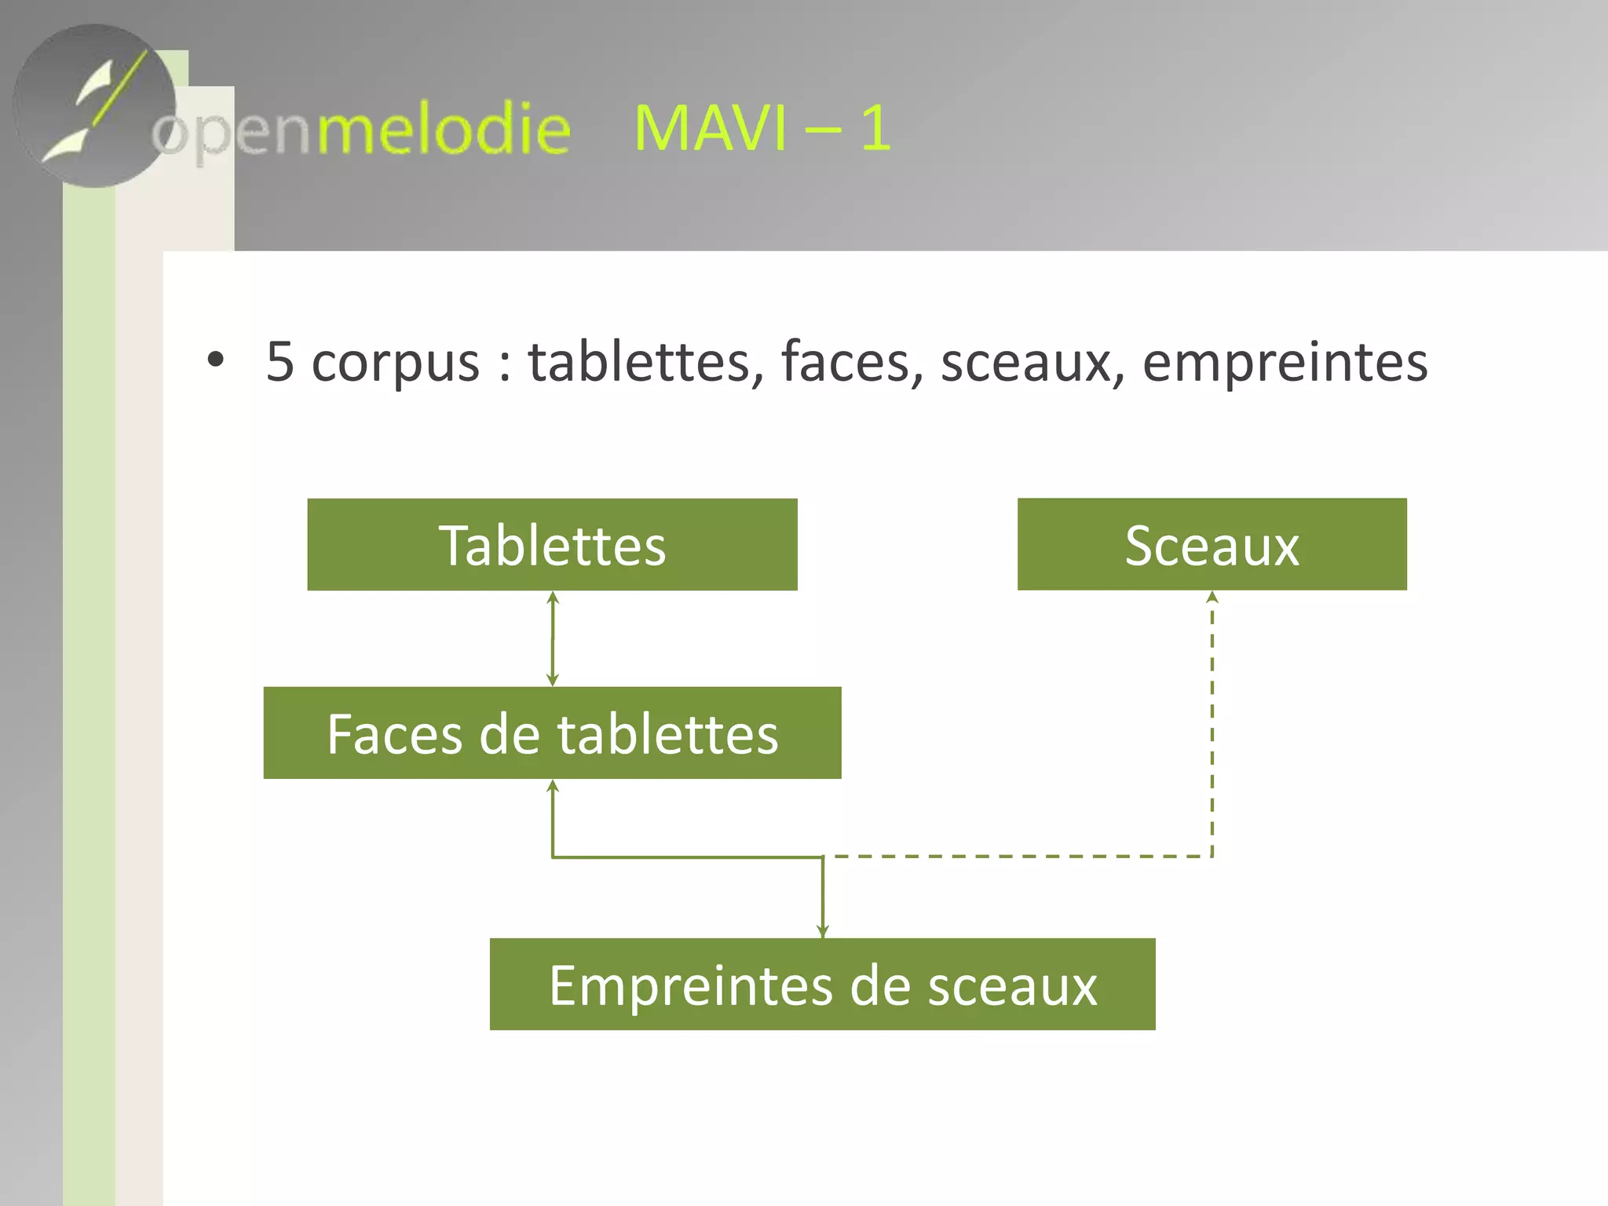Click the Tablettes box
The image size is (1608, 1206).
(x=552, y=544)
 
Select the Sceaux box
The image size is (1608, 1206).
(x=1211, y=544)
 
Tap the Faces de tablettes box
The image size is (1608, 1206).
(x=552, y=733)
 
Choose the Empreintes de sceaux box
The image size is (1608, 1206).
(x=822, y=984)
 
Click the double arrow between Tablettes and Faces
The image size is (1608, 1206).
(x=553, y=638)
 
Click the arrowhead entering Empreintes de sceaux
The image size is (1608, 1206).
(x=823, y=931)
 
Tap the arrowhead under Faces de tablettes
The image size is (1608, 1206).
(x=553, y=786)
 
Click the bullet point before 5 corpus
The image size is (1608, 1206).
(x=215, y=360)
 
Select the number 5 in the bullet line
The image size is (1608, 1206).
(x=280, y=362)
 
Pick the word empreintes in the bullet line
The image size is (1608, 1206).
(x=1285, y=364)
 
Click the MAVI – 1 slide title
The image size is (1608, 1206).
(x=762, y=128)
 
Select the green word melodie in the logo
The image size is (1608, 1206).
(x=444, y=130)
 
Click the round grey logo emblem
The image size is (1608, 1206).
(x=94, y=106)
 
